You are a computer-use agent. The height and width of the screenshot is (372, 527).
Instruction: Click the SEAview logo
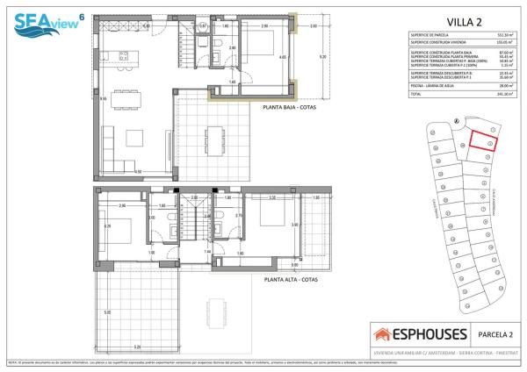click(x=43, y=18)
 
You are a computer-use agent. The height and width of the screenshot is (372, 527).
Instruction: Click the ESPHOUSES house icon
click(x=384, y=334)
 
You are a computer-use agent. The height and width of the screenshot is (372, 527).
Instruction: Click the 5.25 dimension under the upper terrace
click(x=137, y=347)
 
